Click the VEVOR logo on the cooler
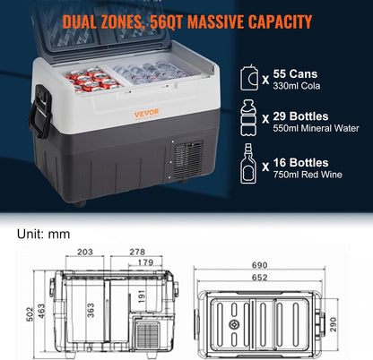[x=146, y=113]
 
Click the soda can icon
[x=249, y=78]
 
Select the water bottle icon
[x=248, y=118]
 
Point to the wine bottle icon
[x=248, y=163]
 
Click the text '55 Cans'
[x=295, y=73]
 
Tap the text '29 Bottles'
[x=300, y=116]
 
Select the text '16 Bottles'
[x=300, y=163]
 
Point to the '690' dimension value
[x=259, y=265]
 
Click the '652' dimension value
[x=259, y=278]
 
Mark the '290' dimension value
[x=334, y=324]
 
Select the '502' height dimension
[x=30, y=314]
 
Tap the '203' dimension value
[x=85, y=252]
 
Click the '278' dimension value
[x=137, y=252]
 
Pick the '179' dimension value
[x=145, y=262]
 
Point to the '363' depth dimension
[x=91, y=311]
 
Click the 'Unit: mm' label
[x=43, y=234]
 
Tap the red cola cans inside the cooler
[x=92, y=80]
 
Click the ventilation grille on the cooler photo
[x=187, y=159]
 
